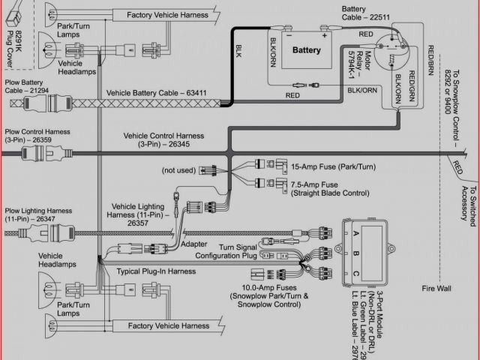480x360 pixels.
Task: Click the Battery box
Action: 307,51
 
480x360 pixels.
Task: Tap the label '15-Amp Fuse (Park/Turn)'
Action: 329,166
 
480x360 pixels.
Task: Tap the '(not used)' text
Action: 178,169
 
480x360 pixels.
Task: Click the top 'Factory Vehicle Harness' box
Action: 166,14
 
